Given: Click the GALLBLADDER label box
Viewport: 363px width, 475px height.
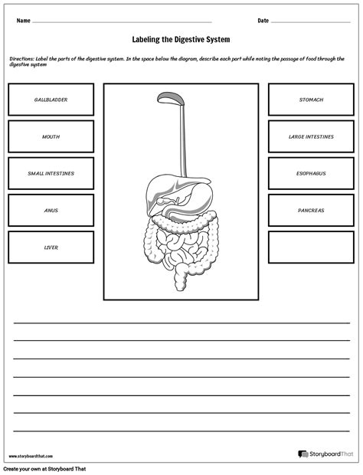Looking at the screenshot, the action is click(51, 100).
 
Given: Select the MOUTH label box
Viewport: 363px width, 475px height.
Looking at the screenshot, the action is click(51, 136).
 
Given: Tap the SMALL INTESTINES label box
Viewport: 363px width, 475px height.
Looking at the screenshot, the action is click(51, 173).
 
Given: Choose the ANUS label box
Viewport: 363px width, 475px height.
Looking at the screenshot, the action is click(51, 210).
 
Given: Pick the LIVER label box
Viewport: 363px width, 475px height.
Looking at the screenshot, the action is click(51, 247).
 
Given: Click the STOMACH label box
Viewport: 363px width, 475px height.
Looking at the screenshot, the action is click(311, 100).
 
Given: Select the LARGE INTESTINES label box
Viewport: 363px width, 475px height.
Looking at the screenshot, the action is click(311, 136).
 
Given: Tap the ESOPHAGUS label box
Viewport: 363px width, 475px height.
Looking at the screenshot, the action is click(311, 173).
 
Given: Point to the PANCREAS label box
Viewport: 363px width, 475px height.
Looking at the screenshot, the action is click(311, 210).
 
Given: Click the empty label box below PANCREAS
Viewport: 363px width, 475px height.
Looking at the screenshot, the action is click(311, 247).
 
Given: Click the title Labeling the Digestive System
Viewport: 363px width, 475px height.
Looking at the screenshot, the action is click(181, 39).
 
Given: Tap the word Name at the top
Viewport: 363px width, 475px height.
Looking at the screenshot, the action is click(23, 21).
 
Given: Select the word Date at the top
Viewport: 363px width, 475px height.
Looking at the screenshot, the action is click(263, 21).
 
